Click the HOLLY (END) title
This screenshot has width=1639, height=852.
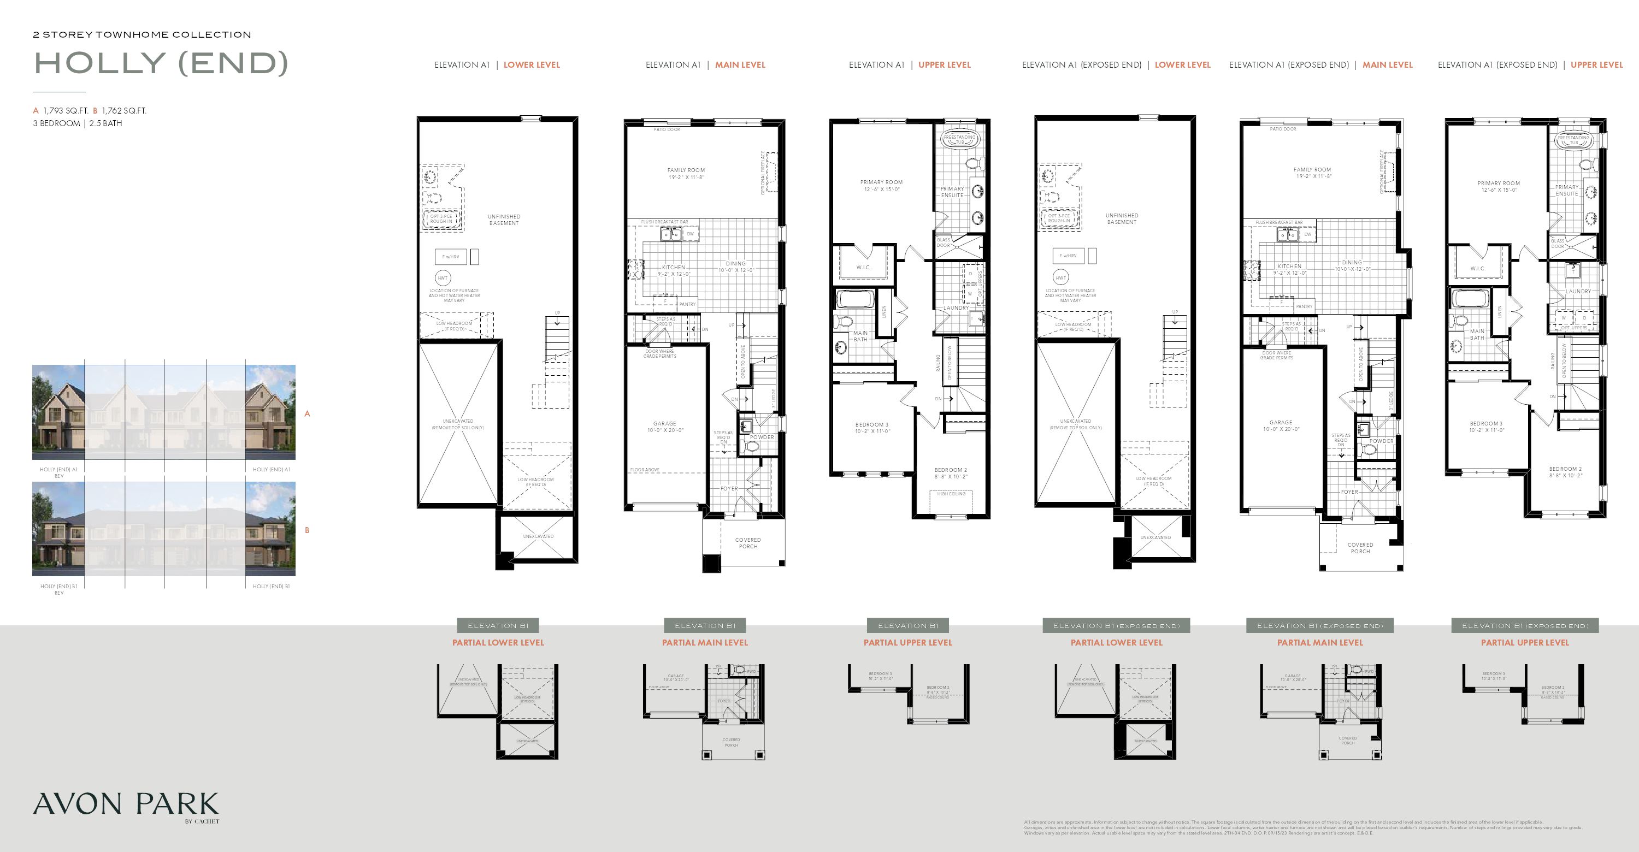[160, 63]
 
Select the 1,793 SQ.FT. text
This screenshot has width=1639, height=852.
[66, 111]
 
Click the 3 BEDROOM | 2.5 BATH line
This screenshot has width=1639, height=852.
[78, 123]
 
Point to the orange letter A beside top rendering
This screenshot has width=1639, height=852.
[307, 414]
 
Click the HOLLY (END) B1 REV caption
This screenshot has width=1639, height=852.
[58, 589]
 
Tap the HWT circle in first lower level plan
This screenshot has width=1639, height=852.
[442, 278]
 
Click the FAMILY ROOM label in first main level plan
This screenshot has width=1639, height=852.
[686, 170]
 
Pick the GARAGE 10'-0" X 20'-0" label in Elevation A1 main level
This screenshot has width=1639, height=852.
[664, 427]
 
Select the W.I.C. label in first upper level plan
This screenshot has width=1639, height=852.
[863, 267]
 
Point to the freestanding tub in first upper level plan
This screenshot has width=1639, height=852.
[959, 140]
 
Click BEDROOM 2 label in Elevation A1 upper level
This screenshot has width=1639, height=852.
[951, 473]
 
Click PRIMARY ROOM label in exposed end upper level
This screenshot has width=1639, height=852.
[1499, 186]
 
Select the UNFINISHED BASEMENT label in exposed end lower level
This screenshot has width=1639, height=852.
[1121, 218]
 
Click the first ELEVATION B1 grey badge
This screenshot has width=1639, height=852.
[498, 626]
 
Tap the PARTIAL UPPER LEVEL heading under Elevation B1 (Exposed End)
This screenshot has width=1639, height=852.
[1524, 643]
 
